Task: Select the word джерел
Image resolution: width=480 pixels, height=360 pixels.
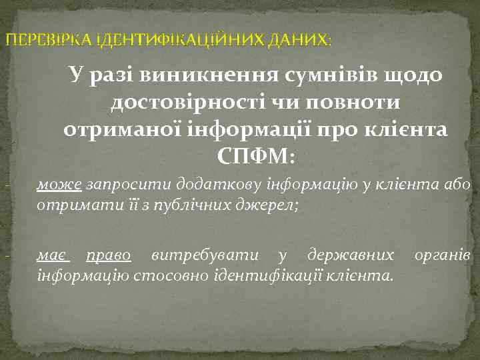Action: click(273, 205)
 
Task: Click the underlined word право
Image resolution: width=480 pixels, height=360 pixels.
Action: click(111, 255)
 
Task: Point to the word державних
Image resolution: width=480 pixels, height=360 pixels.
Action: click(349, 255)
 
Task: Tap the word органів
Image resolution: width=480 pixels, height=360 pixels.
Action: click(443, 255)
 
